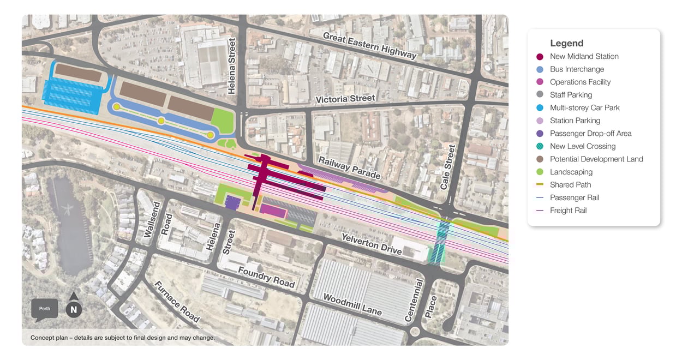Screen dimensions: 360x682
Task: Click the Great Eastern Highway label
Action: [x=369, y=45]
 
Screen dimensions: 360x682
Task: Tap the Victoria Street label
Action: [x=345, y=99]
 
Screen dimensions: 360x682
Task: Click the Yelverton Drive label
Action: [x=372, y=244]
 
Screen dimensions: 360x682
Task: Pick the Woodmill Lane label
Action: [x=352, y=304]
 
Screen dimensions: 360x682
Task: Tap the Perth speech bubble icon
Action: [x=45, y=309]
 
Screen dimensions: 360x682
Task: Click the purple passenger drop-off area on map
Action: [x=232, y=202]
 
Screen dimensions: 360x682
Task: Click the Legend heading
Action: [x=566, y=43]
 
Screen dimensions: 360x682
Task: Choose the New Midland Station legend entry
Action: [x=584, y=56]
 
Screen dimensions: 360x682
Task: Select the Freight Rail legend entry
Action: [x=568, y=211]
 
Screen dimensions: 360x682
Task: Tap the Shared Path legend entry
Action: [x=570, y=185]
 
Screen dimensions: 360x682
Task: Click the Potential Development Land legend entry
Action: [x=596, y=159]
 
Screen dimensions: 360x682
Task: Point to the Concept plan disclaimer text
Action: [x=123, y=338]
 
